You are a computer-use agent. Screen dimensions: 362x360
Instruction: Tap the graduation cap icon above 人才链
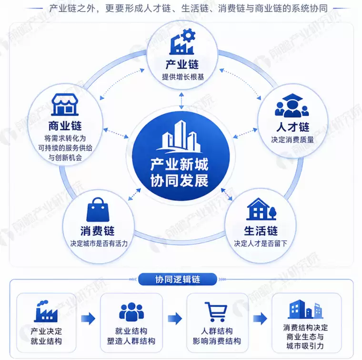(292, 105)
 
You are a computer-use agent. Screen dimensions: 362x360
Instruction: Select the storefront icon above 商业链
(65, 104)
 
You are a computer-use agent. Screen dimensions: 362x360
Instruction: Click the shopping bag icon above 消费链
(98, 210)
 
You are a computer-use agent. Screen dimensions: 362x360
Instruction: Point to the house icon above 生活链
(261, 209)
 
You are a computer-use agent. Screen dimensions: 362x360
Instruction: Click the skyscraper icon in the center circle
(179, 137)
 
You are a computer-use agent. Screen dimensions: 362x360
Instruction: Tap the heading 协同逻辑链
(178, 279)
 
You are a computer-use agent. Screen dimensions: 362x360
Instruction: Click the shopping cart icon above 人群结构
(216, 312)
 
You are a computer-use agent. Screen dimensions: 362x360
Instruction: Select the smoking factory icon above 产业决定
(46, 311)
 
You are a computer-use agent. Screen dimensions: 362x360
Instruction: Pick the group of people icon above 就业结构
(131, 312)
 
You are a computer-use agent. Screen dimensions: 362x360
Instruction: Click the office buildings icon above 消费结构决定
(305, 309)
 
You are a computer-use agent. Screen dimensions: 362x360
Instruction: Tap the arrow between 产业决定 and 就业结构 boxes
(88, 319)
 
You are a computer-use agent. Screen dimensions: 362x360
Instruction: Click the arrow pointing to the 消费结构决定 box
(260, 319)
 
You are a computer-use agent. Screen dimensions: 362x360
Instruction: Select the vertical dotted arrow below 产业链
(181, 101)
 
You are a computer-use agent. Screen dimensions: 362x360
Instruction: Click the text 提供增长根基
(183, 77)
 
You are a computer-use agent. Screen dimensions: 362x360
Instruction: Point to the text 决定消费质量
(292, 140)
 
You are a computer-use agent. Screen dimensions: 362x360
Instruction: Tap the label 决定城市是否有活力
(99, 243)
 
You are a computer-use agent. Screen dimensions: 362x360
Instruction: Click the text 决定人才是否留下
(261, 243)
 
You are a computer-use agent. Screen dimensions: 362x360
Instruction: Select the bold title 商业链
(65, 126)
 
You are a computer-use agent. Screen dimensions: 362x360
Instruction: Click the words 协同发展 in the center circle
(180, 180)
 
